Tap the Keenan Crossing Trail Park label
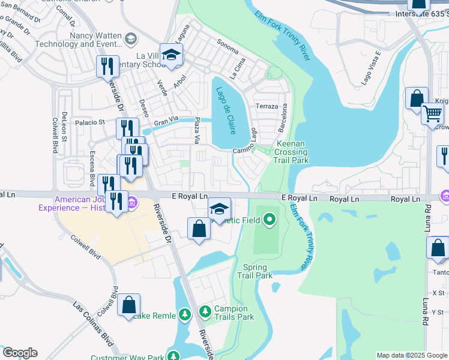click(291, 152)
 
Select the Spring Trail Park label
click(255, 271)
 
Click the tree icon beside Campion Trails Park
click(205, 311)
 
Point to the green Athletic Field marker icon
click(270, 220)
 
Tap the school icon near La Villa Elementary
click(172, 55)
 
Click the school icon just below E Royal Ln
click(220, 209)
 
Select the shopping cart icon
click(432, 113)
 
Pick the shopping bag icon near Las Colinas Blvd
click(129, 305)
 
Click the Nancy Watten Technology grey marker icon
click(130, 40)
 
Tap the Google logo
click(20, 353)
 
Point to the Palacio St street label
click(89, 122)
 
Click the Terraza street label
click(267, 106)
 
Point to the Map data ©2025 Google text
click(412, 355)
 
